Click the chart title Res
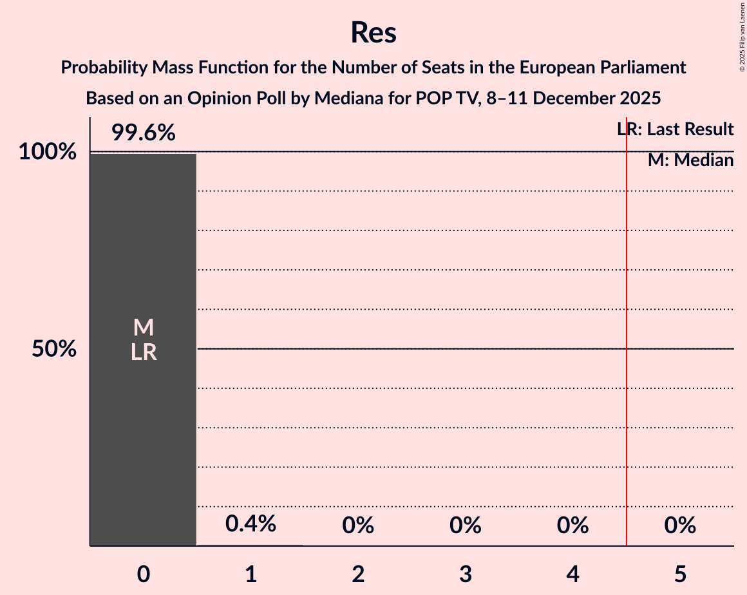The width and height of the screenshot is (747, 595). point(373,32)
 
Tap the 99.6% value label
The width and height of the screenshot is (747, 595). point(143,133)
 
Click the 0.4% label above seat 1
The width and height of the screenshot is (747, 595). point(251,524)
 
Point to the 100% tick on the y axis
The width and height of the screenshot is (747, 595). point(47,153)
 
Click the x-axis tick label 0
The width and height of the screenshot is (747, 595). point(144,574)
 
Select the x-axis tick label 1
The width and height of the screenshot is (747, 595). point(251,574)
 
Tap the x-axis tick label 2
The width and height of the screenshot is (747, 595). point(358,574)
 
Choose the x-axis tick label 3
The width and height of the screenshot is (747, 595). point(466,574)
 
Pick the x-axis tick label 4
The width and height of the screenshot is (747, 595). point(572,574)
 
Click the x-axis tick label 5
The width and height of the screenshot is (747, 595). point(680,574)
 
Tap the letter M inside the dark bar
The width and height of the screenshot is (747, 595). point(144,328)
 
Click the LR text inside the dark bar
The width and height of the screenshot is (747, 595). point(144,352)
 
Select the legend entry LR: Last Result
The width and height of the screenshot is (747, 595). point(675,129)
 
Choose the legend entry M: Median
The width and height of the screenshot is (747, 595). point(690,160)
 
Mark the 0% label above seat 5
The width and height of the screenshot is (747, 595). point(680,525)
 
